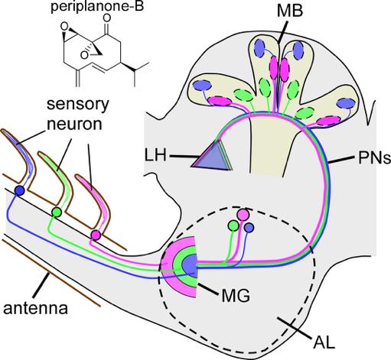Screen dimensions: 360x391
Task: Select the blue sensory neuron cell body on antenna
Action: coord(19,190)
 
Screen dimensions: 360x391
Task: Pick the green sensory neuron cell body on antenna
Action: coord(56,211)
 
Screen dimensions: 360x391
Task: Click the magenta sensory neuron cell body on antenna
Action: coord(96,234)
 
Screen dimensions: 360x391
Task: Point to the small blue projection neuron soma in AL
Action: coord(248,228)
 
